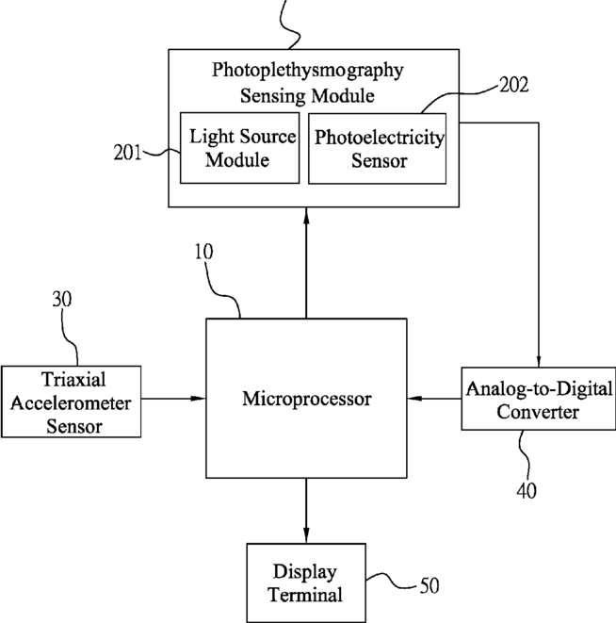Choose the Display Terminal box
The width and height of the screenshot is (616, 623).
pos(305,583)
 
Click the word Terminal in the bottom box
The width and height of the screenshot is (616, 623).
pos(305,595)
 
